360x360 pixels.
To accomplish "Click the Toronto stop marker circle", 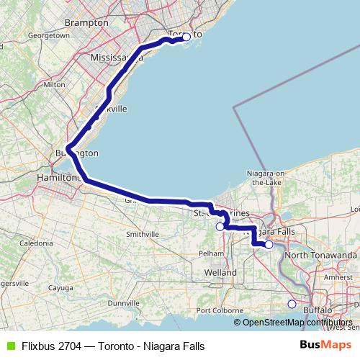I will (186, 37).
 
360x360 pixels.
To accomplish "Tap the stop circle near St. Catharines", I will (220, 226).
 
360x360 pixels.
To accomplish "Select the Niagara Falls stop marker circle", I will (269, 245).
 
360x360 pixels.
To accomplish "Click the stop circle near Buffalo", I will (292, 304).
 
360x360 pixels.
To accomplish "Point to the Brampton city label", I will (86, 23).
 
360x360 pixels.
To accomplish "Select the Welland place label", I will (220, 273).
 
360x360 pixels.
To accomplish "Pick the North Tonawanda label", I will (321, 256).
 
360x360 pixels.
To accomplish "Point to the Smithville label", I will (142, 235).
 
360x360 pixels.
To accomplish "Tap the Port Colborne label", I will (217, 310).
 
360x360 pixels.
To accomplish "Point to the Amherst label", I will (338, 276).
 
